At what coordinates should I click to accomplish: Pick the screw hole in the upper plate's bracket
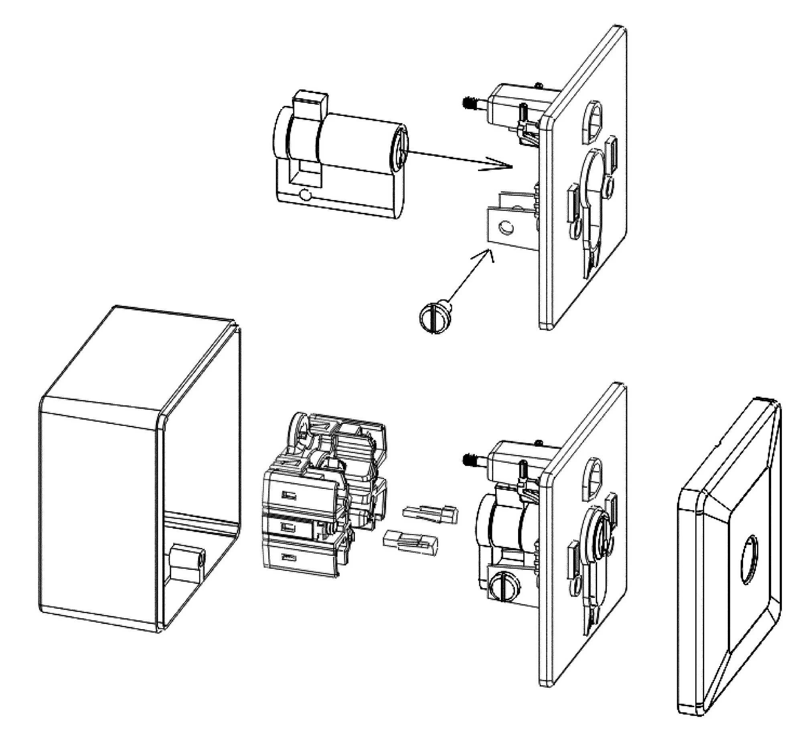505,228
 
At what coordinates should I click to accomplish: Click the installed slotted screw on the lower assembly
504,586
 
